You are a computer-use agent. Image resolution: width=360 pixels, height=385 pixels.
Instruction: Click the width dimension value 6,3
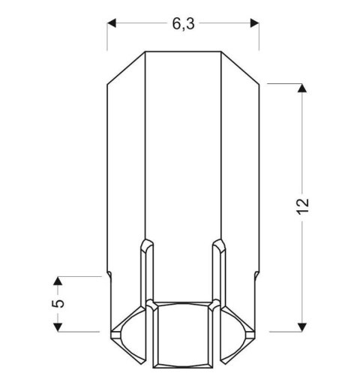(183, 23)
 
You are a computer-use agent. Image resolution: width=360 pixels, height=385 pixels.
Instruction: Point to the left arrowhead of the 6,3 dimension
(112, 24)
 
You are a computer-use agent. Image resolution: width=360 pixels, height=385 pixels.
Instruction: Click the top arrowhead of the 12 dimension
(302, 90)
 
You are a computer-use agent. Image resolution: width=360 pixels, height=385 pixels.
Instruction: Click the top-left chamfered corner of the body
(125, 68)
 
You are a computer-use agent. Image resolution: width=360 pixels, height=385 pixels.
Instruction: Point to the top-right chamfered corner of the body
(242, 68)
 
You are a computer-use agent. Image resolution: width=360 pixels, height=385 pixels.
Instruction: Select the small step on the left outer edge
(110, 273)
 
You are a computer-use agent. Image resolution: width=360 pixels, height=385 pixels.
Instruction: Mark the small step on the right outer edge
(258, 273)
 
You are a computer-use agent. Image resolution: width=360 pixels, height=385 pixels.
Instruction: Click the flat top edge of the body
(183, 52)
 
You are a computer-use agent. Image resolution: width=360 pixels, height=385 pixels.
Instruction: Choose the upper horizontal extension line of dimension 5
(79, 276)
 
